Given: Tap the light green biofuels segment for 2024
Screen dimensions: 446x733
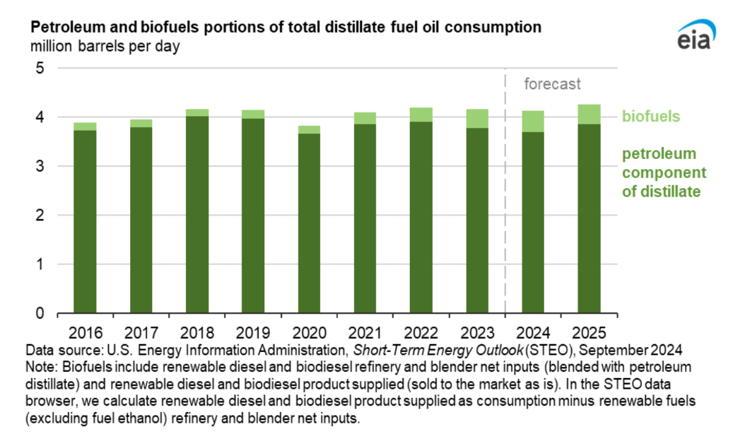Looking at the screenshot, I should (x=533, y=122).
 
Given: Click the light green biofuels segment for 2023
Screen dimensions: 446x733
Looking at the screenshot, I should (x=477, y=119).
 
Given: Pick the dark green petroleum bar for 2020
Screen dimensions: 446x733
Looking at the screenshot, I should (x=309, y=223).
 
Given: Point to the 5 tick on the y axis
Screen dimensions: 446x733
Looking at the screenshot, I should (x=40, y=69).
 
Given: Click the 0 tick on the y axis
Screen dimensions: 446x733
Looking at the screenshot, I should (x=40, y=313).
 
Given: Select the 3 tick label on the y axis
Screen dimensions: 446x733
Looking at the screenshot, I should (x=40, y=167).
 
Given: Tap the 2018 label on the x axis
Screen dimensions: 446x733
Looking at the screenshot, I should (x=197, y=333).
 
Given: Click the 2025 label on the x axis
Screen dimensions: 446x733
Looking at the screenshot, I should (x=589, y=333).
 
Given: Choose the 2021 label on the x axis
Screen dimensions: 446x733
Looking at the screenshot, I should (x=365, y=333).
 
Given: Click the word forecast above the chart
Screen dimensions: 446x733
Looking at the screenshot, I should (x=552, y=84).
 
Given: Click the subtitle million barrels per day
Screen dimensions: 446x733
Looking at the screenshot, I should (x=105, y=47).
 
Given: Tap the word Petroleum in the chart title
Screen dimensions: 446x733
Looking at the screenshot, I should (x=62, y=28).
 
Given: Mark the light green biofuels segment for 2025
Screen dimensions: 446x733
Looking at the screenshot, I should (x=589, y=115).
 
